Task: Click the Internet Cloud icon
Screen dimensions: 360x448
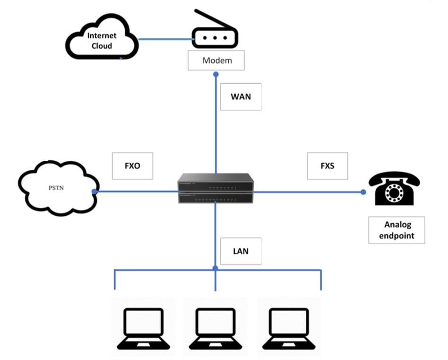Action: coord(102,40)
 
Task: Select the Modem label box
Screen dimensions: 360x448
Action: coord(217,61)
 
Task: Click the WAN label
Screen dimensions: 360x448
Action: coord(241,97)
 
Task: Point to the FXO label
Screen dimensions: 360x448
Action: coord(132,166)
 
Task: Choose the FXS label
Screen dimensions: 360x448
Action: coord(327,166)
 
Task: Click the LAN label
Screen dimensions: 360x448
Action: coord(241,250)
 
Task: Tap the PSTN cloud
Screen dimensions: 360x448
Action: coord(57,188)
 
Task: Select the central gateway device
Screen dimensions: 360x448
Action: coord(216,189)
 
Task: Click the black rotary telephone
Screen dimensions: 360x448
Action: coord(394,188)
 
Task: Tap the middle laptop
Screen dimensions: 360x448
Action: coord(216,326)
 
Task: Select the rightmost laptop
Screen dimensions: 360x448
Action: coord(289,326)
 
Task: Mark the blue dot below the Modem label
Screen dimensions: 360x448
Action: coord(216,74)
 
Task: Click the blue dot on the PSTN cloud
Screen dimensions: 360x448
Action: coord(95,192)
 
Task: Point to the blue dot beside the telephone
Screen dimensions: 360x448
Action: coord(363,192)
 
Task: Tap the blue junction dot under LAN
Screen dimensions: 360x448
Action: coord(215,268)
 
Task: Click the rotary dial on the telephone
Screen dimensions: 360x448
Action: coord(394,192)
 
